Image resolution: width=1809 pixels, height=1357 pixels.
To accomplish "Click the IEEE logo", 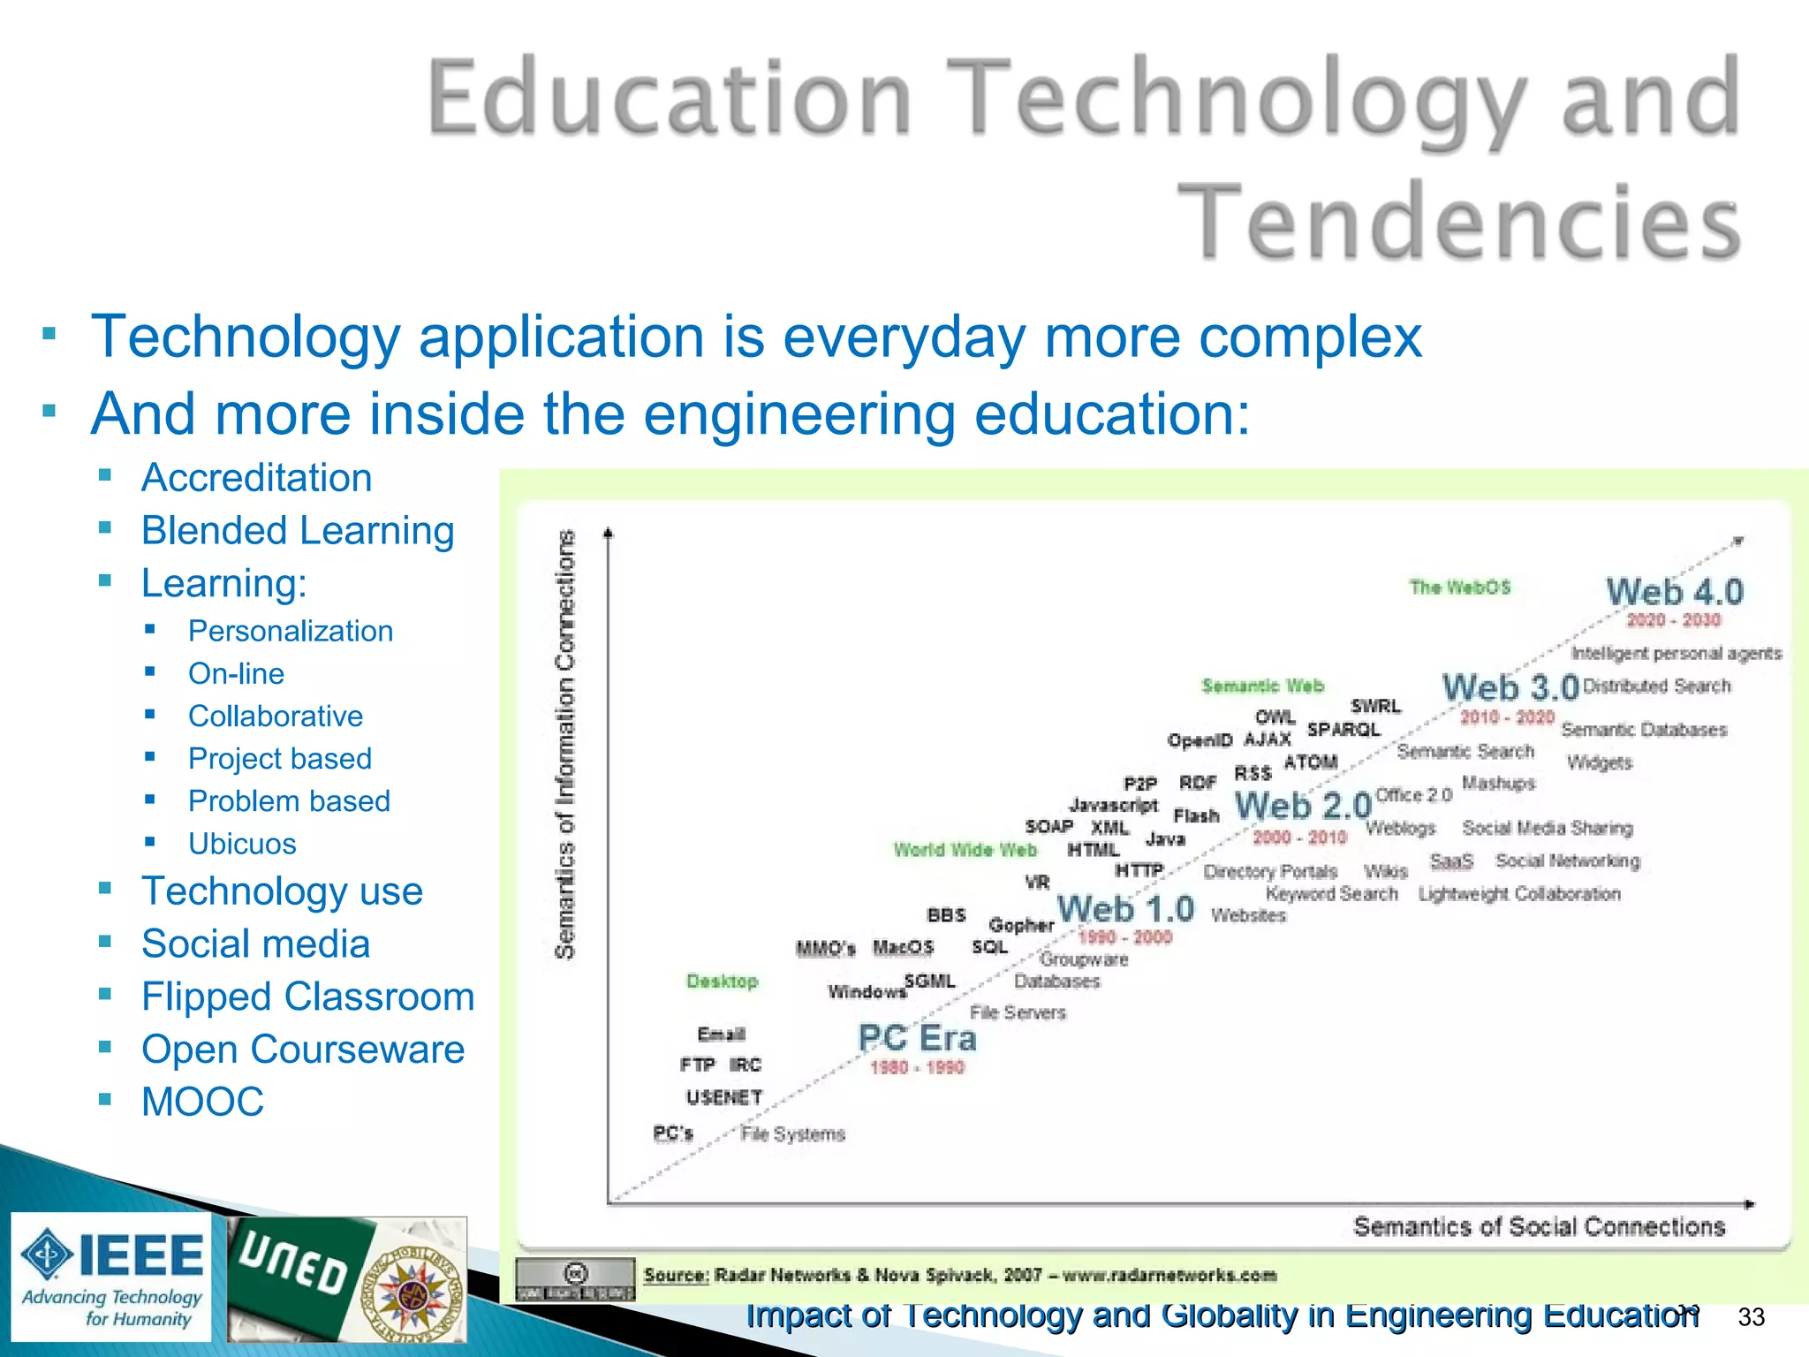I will coord(112,1276).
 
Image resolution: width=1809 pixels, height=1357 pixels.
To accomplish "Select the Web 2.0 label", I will coord(1303,806).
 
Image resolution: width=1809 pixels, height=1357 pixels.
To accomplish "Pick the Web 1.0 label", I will coord(1125,909).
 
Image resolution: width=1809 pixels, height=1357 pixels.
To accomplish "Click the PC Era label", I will coord(917,1038).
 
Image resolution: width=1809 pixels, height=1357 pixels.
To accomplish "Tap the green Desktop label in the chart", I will coord(723,982).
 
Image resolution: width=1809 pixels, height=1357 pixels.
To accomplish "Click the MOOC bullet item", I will coord(202,1102).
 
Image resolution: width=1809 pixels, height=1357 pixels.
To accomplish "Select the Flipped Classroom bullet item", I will coord(307,997).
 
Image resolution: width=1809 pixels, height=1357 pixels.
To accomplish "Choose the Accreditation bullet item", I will coord(256,478).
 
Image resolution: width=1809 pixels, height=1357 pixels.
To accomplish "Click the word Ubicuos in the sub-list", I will coord(242,844).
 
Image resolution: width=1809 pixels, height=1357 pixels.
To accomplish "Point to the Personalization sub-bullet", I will coord(290,631).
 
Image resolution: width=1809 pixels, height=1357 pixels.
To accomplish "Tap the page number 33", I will coord(1751,1317).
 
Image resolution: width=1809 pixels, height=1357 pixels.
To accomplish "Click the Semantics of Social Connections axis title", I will coord(1539,1227).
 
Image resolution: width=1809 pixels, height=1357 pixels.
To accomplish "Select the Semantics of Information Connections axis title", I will coord(565,744).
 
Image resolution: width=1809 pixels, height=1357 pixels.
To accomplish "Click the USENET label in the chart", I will coord(723,1097).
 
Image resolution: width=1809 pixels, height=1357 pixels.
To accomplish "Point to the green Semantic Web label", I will coord(1262,686).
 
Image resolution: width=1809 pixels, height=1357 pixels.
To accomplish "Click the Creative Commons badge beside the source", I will coord(575,1278).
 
